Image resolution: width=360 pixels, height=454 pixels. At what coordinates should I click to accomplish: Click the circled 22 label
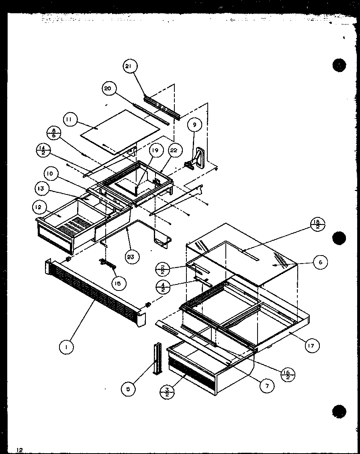(x=173, y=151)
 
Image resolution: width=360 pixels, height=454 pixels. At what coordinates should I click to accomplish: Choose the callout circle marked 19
(x=155, y=151)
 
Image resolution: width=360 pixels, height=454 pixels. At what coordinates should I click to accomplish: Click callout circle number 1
(x=66, y=347)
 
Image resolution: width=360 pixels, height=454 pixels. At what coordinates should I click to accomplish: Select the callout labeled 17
(x=312, y=345)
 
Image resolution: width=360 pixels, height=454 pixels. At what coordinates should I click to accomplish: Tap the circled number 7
(x=267, y=386)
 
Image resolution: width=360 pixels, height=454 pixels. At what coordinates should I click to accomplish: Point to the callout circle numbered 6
(x=320, y=262)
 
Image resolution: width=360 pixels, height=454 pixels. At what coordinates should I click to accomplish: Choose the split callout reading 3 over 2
(x=166, y=391)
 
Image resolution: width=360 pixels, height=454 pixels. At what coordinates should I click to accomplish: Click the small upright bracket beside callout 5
(x=156, y=358)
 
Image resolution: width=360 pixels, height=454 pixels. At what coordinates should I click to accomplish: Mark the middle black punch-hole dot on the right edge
(x=339, y=238)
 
